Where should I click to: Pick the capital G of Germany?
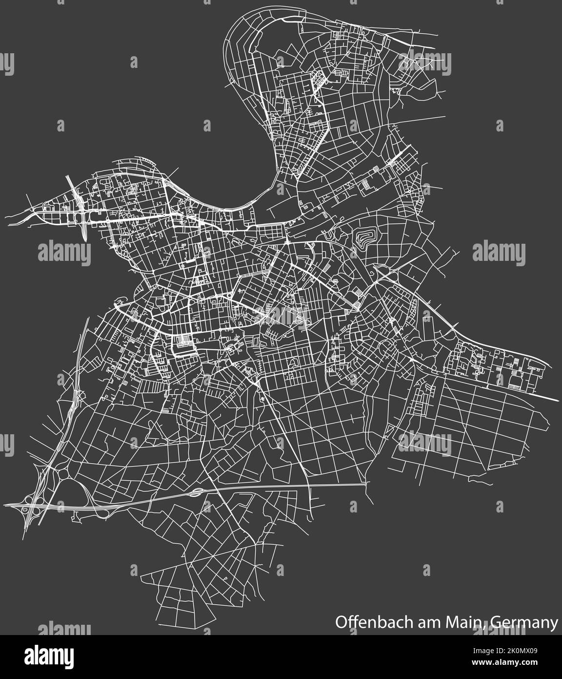click(x=493, y=623)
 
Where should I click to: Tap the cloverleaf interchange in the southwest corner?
click(x=30, y=505)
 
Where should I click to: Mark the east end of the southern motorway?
click(x=365, y=485)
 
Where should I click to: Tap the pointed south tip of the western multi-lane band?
click(x=86, y=241)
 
